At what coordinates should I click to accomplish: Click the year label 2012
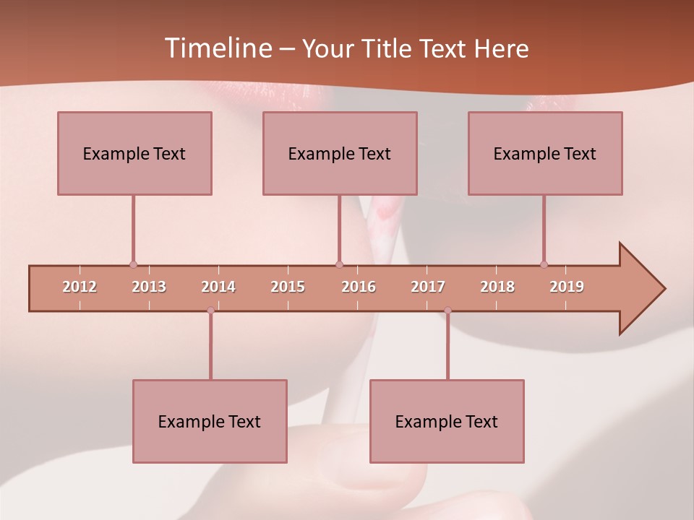point(80,287)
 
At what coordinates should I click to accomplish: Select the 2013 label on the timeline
point(149,287)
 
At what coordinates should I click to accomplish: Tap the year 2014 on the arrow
point(218,287)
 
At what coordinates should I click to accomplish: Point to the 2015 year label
point(288,287)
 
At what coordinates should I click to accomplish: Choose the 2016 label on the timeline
point(359,287)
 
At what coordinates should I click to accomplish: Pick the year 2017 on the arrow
point(428,287)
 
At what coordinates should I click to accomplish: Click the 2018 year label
point(497,287)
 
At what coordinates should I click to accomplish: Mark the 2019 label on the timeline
point(567,287)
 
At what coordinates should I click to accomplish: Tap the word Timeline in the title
point(217,48)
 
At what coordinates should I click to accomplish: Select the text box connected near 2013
point(134,153)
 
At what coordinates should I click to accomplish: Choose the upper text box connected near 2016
point(340,153)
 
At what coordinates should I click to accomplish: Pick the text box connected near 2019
point(545,153)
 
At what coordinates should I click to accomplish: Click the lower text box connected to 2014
point(210,421)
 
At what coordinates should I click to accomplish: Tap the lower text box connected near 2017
point(447,421)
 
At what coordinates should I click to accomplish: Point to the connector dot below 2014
point(210,310)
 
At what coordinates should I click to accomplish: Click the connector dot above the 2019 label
point(544,264)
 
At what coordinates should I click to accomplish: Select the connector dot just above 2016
point(339,264)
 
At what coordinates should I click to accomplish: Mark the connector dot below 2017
point(447,310)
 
